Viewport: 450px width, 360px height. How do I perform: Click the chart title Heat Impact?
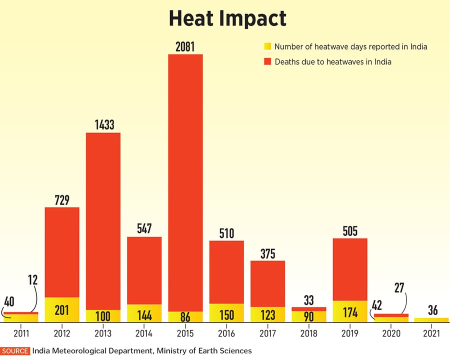(x=227, y=18)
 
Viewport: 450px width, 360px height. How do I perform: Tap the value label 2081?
(x=185, y=46)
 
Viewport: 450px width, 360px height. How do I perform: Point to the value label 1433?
(x=103, y=125)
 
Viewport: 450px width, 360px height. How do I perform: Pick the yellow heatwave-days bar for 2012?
(x=62, y=309)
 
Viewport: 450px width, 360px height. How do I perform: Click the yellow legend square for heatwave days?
(x=268, y=47)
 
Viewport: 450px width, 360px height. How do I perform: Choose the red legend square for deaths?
(x=268, y=62)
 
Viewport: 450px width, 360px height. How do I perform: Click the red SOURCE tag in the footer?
(x=15, y=351)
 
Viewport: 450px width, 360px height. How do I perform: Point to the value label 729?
(x=62, y=200)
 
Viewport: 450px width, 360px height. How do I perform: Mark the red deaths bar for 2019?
(x=350, y=269)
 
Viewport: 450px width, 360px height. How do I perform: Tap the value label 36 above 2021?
(x=431, y=310)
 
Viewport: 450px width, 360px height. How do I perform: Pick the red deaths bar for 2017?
(x=267, y=283)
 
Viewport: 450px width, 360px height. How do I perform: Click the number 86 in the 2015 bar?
(x=185, y=317)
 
